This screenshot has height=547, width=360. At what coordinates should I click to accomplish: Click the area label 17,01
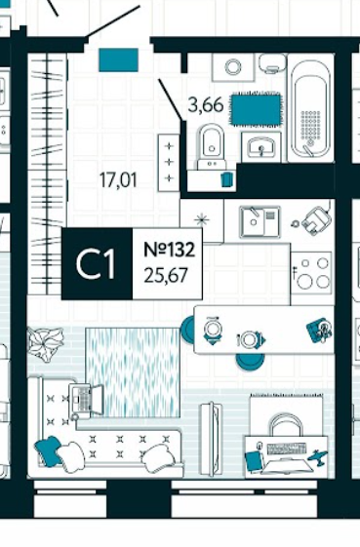click(x=118, y=180)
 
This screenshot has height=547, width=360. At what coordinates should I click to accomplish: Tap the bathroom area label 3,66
click(x=206, y=104)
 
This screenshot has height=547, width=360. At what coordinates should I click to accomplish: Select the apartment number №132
click(x=170, y=250)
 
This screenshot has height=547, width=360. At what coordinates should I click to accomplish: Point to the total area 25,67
click(x=166, y=275)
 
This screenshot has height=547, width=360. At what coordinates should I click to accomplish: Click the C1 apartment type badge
click(x=97, y=263)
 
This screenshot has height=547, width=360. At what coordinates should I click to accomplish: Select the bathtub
click(x=310, y=109)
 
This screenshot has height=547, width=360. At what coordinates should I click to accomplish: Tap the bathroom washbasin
click(x=261, y=146)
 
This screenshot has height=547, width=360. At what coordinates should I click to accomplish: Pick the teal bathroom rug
click(x=256, y=109)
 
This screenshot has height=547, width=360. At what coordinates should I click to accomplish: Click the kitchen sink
click(x=260, y=222)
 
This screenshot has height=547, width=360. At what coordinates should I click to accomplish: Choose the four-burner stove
click(x=311, y=273)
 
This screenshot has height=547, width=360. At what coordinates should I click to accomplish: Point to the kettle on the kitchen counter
click(x=316, y=220)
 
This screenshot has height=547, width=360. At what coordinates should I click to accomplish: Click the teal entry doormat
click(x=118, y=60)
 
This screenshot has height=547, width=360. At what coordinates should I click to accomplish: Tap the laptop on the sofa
click(x=86, y=400)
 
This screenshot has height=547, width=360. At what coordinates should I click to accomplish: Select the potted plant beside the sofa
click(x=46, y=343)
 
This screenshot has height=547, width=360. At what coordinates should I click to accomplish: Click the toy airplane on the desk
click(x=317, y=456)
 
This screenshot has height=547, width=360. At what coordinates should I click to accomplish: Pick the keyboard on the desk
click(x=286, y=448)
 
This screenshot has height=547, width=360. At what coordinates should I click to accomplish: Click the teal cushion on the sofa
click(x=49, y=450)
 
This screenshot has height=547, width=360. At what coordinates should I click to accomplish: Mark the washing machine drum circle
click(x=233, y=67)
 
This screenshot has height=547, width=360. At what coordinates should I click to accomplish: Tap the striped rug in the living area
click(x=133, y=372)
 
